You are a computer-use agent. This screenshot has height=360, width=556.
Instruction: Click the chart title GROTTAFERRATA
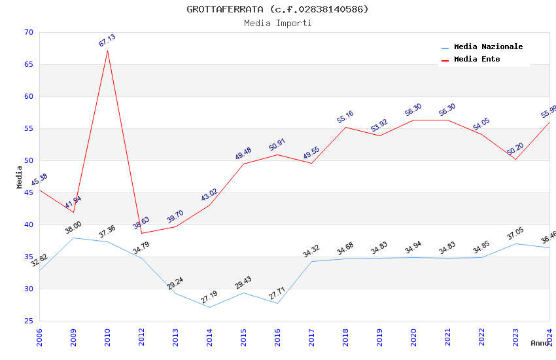click(277, 9)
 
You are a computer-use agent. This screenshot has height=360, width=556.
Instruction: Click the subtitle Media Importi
click(277, 23)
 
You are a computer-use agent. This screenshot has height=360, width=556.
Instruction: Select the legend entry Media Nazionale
click(488, 47)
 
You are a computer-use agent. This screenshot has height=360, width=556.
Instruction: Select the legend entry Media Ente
click(476, 59)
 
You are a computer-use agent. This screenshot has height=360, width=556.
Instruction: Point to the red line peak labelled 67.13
click(107, 50)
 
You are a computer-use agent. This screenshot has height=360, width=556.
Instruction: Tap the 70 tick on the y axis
click(27, 32)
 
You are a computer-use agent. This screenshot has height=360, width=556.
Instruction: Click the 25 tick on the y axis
click(27, 321)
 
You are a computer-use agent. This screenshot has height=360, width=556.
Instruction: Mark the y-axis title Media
click(20, 177)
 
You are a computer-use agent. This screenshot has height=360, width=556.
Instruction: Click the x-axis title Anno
click(540, 343)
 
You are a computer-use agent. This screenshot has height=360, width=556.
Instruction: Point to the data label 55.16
click(345, 117)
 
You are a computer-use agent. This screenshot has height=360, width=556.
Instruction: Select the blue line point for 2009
click(73, 238)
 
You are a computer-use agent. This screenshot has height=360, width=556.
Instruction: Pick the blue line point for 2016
click(277, 303)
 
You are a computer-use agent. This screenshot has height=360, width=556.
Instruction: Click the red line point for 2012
click(141, 233)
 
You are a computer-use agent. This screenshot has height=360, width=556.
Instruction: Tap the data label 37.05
click(515, 234)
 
